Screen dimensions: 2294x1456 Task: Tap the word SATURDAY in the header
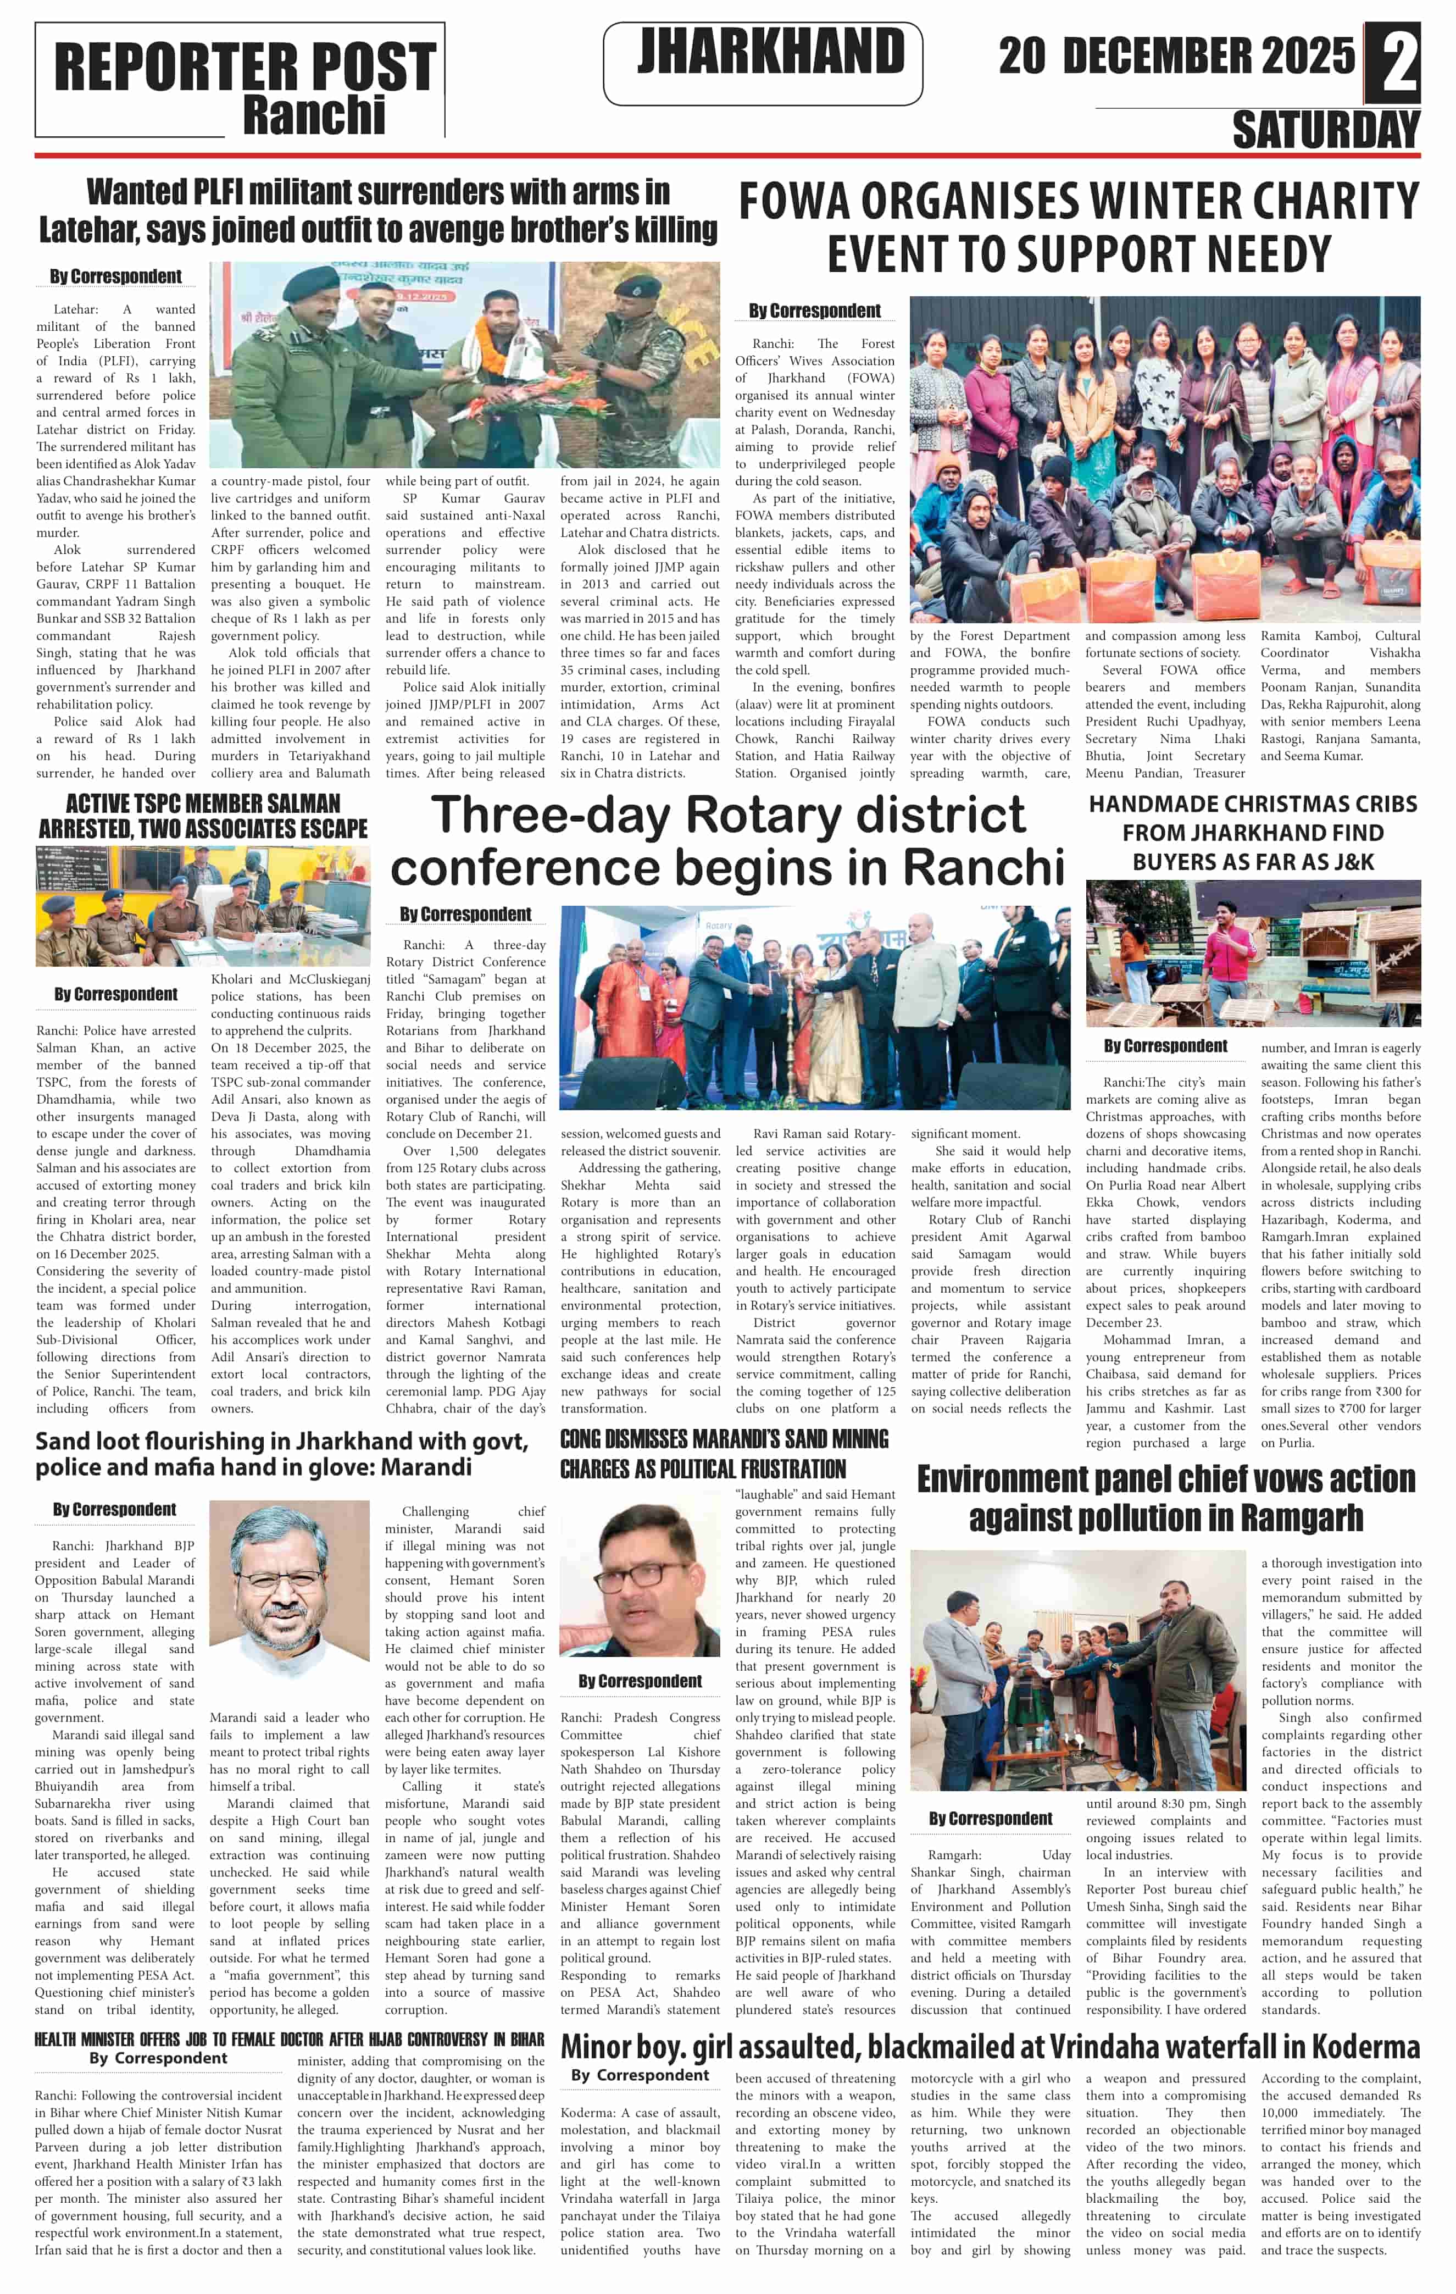coord(1326,130)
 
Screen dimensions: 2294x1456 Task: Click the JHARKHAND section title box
coord(763,62)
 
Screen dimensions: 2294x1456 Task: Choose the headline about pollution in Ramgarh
coord(1165,1498)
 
